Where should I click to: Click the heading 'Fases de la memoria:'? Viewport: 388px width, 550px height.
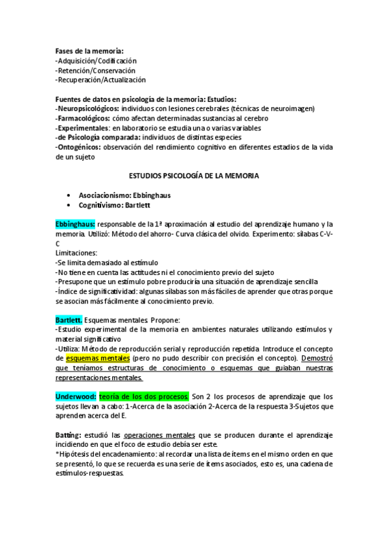pyautogui.click(x=89, y=51)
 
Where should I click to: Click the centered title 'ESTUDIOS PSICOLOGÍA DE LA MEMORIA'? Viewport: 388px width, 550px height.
pyautogui.click(x=194, y=175)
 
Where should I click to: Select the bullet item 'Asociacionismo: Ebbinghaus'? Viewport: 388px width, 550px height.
pyautogui.click(x=122, y=195)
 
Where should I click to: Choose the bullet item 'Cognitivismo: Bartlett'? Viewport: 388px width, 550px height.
pyautogui.click(x=114, y=204)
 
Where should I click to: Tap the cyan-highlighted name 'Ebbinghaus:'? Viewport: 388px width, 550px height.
pyautogui.click(x=75, y=224)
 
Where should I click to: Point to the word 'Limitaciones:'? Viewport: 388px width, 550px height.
pyautogui.click(x=76, y=253)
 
